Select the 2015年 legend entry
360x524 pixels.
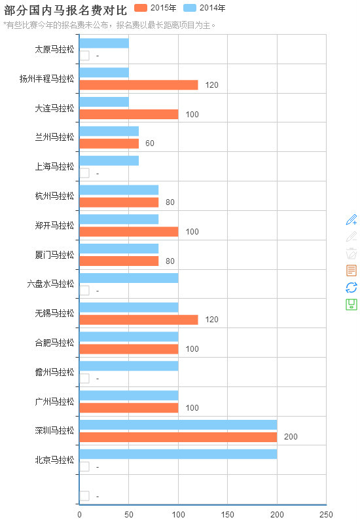(155, 8)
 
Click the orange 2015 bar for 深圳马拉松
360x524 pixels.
(178, 437)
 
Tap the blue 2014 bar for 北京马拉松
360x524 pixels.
(178, 454)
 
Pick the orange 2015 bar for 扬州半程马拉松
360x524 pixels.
(138, 84)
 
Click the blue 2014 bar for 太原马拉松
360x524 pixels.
(103, 43)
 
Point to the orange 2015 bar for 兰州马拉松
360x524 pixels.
(109, 143)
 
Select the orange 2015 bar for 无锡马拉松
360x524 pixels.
(138, 320)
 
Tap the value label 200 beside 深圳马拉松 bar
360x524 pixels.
(291, 437)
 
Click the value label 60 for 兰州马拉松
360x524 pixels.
(150, 143)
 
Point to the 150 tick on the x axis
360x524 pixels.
(228, 515)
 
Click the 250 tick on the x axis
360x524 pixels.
(326, 515)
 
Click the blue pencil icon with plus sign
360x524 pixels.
(351, 219)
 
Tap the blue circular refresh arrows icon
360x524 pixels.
(351, 288)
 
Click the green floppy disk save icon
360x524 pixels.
(351, 305)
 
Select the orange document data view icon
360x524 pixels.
(351, 271)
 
